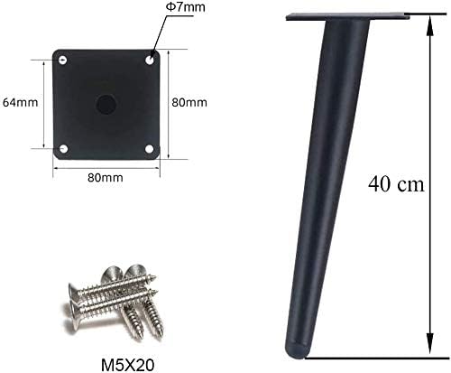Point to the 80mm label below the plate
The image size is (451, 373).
(106, 178)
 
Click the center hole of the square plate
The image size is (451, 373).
(106, 102)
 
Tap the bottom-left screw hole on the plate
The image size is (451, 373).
(62, 147)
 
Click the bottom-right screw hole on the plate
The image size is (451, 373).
(150, 147)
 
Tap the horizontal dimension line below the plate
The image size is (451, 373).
(106, 167)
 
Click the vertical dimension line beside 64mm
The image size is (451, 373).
(42, 102)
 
